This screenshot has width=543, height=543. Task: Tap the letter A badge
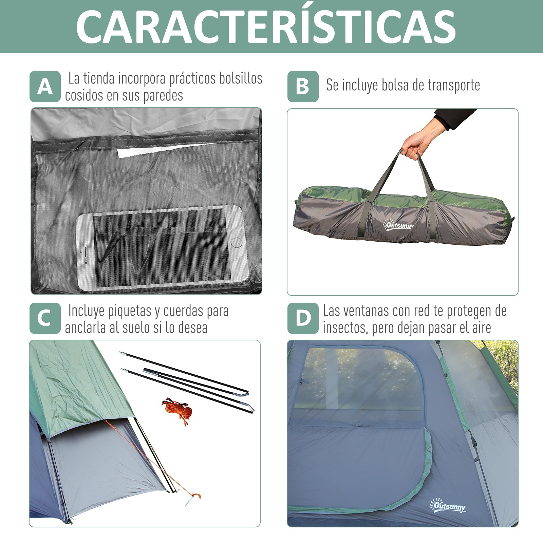click(45, 87)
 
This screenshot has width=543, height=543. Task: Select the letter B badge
click(303, 87)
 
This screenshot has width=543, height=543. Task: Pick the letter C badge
click(45, 318)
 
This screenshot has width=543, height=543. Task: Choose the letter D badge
click(303, 318)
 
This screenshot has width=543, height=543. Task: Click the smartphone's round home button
click(236, 242)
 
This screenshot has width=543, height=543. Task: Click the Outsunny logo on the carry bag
click(398, 225)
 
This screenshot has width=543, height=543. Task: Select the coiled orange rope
click(177, 411)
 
